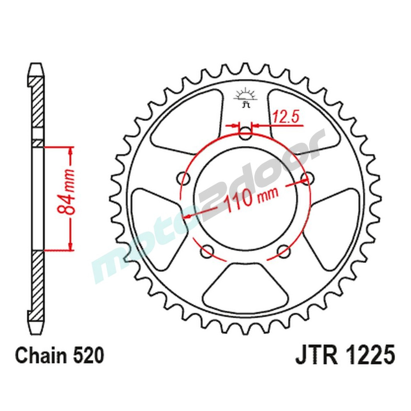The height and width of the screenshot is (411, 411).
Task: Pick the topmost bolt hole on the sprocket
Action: point(246,132)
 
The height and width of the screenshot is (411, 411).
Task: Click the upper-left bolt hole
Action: point(184,178)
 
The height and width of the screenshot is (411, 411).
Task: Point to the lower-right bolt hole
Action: point(283,250)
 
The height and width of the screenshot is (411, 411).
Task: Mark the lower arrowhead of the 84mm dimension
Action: point(70,245)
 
